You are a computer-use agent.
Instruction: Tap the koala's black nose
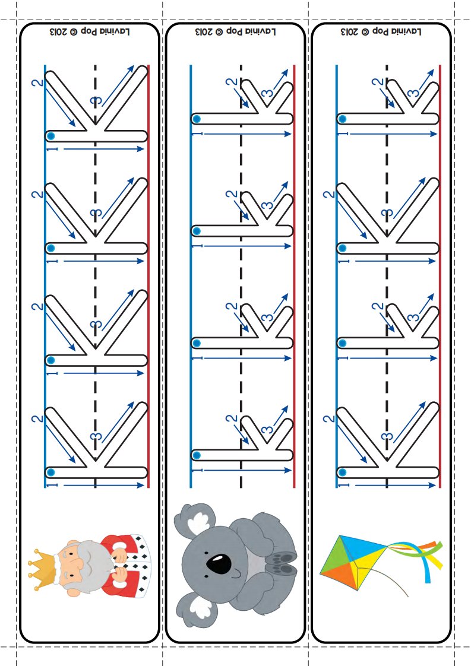pyautogui.click(x=219, y=563)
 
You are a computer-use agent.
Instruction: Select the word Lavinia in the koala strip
pyautogui.click(x=261, y=31)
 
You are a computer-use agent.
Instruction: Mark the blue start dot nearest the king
pyautogui.click(x=50, y=472)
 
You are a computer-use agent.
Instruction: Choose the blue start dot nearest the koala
pyautogui.click(x=196, y=455)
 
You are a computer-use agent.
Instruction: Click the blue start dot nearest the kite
pyautogui.click(x=342, y=472)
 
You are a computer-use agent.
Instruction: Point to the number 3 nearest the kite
pyautogui.click(x=387, y=437)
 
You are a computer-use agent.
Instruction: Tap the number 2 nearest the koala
pyautogui.click(x=232, y=418)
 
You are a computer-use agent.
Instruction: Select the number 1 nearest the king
pyautogui.click(x=52, y=485)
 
